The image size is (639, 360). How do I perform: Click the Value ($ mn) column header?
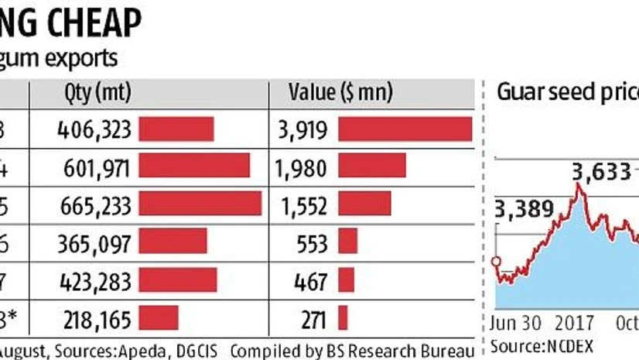pyautogui.click(x=340, y=93)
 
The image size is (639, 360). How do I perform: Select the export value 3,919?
pyautogui.click(x=307, y=129)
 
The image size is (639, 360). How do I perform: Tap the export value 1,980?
pyautogui.click(x=307, y=166)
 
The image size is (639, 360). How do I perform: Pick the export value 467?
pyautogui.click(x=313, y=279)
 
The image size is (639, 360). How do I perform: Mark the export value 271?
pyautogui.click(x=313, y=317)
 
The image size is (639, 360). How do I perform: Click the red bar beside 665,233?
pyautogui.click(x=200, y=204)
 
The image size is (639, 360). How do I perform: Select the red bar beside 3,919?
pyautogui.click(x=405, y=129)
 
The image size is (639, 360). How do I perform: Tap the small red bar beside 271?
pyautogui.click(x=343, y=317)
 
